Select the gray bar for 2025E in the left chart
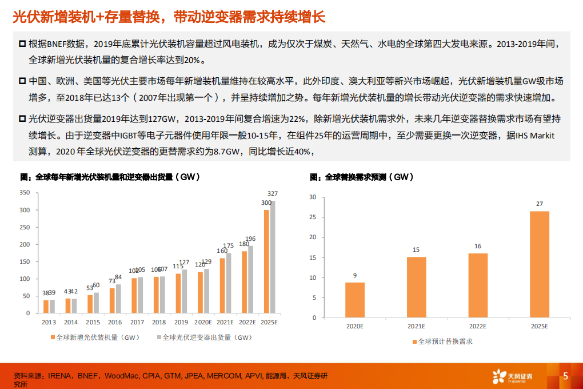pyautogui.click(x=273, y=257)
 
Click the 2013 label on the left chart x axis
pyautogui.click(x=49, y=323)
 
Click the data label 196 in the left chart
pyautogui.click(x=251, y=239)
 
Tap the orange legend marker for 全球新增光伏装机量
pyautogui.click(x=51, y=338)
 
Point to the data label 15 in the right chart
pyautogui.click(x=416, y=249)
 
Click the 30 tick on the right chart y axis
pyautogui.click(x=312, y=197)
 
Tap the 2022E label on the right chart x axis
pyautogui.click(x=478, y=326)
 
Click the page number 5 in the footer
pyautogui.click(x=565, y=376)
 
